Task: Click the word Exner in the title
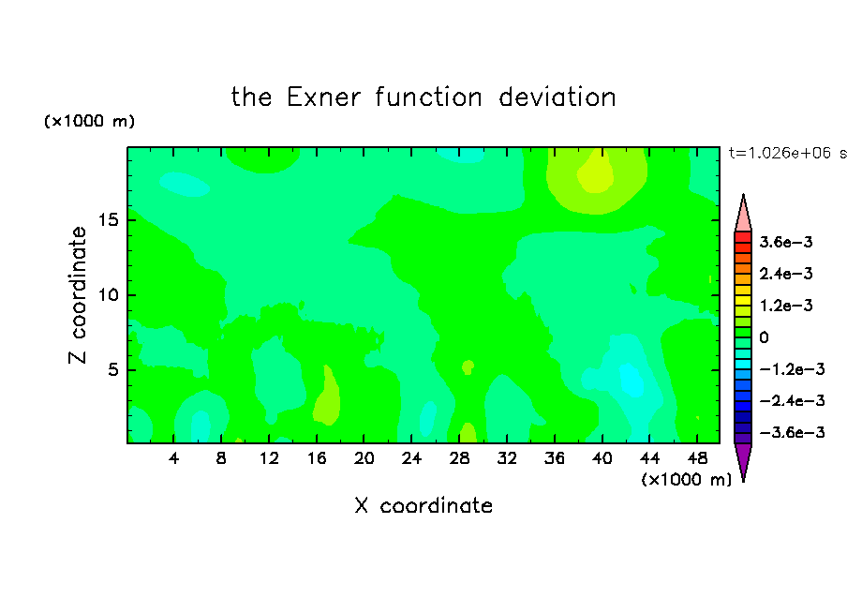323,97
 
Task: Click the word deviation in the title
557,97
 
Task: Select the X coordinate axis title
423,505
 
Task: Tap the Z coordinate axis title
78,295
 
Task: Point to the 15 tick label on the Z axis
109,220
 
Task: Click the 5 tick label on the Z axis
113,369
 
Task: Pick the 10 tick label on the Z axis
109,295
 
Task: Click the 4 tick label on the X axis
173,458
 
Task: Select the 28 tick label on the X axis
459,458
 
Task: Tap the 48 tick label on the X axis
697,458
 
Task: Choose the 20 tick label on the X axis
364,458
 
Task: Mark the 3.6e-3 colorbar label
786,242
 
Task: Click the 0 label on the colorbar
764,337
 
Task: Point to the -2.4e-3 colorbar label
793,400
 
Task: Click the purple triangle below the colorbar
743,459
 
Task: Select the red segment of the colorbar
743,237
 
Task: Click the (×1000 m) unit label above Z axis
89,121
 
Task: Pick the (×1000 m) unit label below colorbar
686,480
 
